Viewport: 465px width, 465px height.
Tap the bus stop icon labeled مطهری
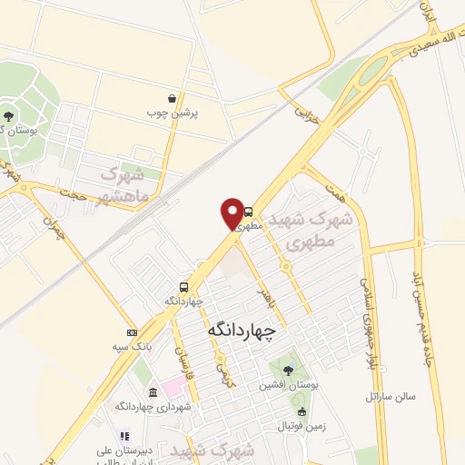pyautogui.click(x=249, y=212)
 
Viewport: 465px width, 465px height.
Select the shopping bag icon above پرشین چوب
pyautogui.click(x=173, y=98)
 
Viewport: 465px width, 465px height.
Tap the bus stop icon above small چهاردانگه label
pyautogui.click(x=184, y=286)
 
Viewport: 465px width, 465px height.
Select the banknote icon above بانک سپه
pyautogui.click(x=133, y=332)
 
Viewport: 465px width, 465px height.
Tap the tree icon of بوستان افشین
pyautogui.click(x=288, y=370)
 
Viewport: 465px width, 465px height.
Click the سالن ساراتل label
pyautogui.click(x=390, y=396)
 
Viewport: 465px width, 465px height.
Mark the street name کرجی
pyautogui.click(x=221, y=359)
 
